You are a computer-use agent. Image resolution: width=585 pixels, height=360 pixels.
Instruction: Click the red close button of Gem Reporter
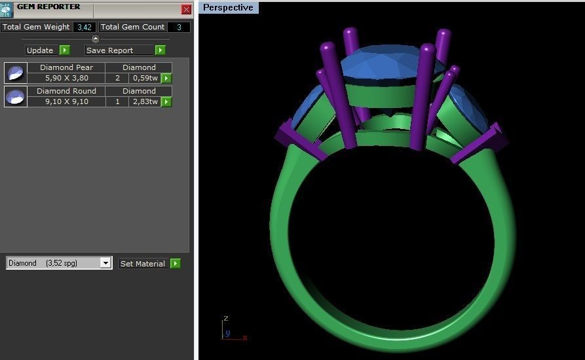point(186,9)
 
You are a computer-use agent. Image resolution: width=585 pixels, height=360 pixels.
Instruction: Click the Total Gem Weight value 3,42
point(85,27)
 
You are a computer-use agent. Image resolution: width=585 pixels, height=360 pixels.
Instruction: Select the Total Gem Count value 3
point(179,27)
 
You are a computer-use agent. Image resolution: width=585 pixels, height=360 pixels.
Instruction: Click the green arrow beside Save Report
point(160,50)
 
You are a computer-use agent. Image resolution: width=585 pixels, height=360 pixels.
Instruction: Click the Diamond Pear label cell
point(66,67)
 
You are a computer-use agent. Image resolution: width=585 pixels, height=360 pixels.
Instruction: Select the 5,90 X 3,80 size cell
point(66,78)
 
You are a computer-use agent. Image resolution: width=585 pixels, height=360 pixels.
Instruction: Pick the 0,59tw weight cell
point(144,78)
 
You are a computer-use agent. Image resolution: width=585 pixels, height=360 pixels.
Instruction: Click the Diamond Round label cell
point(66,91)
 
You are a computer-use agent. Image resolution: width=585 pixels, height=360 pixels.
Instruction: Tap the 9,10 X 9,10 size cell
point(66,101)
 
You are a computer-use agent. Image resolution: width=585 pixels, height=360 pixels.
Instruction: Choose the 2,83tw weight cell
point(144,101)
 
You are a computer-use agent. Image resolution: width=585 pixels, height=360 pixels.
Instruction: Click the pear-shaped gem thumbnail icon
point(16,73)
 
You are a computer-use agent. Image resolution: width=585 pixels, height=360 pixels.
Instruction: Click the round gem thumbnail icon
point(16,96)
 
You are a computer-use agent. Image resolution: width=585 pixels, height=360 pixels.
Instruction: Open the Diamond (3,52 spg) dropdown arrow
point(105,263)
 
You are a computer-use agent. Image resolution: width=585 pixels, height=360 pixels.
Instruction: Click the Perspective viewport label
point(228,8)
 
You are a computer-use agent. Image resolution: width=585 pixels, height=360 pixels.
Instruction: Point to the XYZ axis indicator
point(231,330)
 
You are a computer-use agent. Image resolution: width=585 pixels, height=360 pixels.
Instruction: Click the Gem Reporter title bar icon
point(7,9)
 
